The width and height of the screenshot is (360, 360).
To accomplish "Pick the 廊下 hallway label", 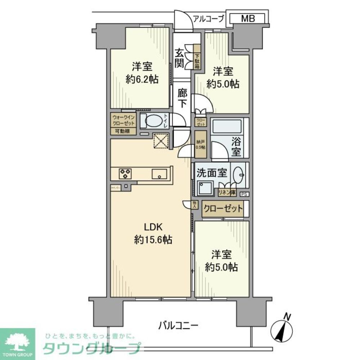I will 183,98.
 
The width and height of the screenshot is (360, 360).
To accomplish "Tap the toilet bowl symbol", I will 152,121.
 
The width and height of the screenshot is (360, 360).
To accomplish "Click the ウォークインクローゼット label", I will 123,120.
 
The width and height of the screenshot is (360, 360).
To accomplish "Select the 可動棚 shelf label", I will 123,131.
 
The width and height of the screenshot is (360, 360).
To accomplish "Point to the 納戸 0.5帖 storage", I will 200,145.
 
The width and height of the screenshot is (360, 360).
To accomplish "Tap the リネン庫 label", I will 227,193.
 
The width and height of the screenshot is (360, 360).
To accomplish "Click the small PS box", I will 244,194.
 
